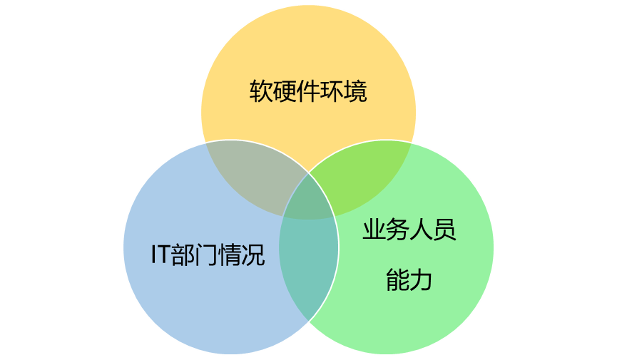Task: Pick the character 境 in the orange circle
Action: click(355, 91)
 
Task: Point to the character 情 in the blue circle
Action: click(230, 254)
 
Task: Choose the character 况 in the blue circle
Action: click(254, 254)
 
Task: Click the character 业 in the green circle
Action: click(374, 230)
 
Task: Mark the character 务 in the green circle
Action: click(397, 230)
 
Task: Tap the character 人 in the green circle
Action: click(421, 230)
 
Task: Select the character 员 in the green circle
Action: click(444, 230)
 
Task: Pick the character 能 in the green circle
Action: click(397, 279)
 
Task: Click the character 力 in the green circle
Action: click(421, 279)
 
